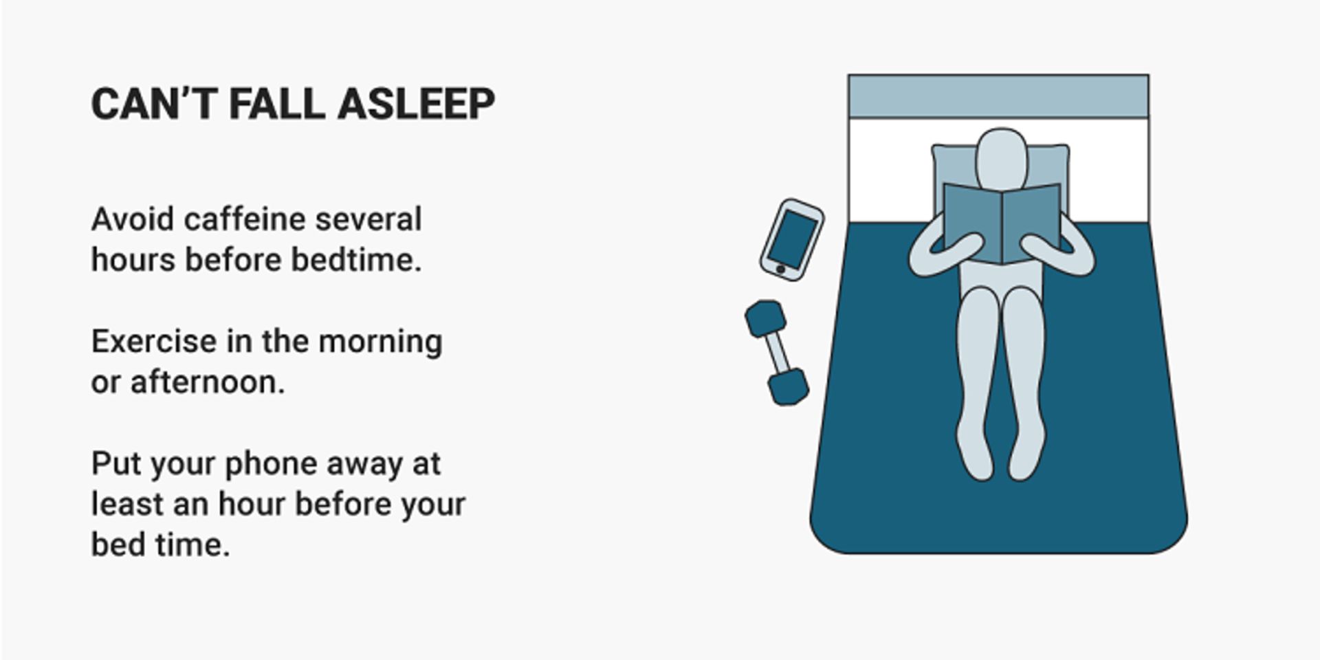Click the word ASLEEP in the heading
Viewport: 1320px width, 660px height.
(x=416, y=104)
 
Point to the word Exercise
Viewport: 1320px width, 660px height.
(x=153, y=342)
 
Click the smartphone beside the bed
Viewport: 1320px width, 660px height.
(x=792, y=239)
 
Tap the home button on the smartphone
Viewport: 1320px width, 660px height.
(x=780, y=269)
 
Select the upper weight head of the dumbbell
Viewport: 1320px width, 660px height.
(x=764, y=319)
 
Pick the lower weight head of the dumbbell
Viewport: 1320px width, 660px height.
(x=788, y=387)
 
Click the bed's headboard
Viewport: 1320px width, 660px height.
(x=998, y=96)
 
